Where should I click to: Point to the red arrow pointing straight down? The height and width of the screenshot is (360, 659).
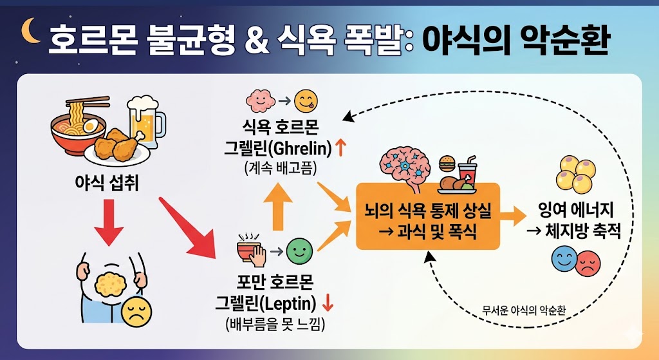point(108,222)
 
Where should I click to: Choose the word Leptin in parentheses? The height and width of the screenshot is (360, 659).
point(290,303)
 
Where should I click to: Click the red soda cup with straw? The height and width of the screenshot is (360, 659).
point(467,170)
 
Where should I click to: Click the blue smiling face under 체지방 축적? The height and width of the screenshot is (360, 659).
point(564,261)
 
